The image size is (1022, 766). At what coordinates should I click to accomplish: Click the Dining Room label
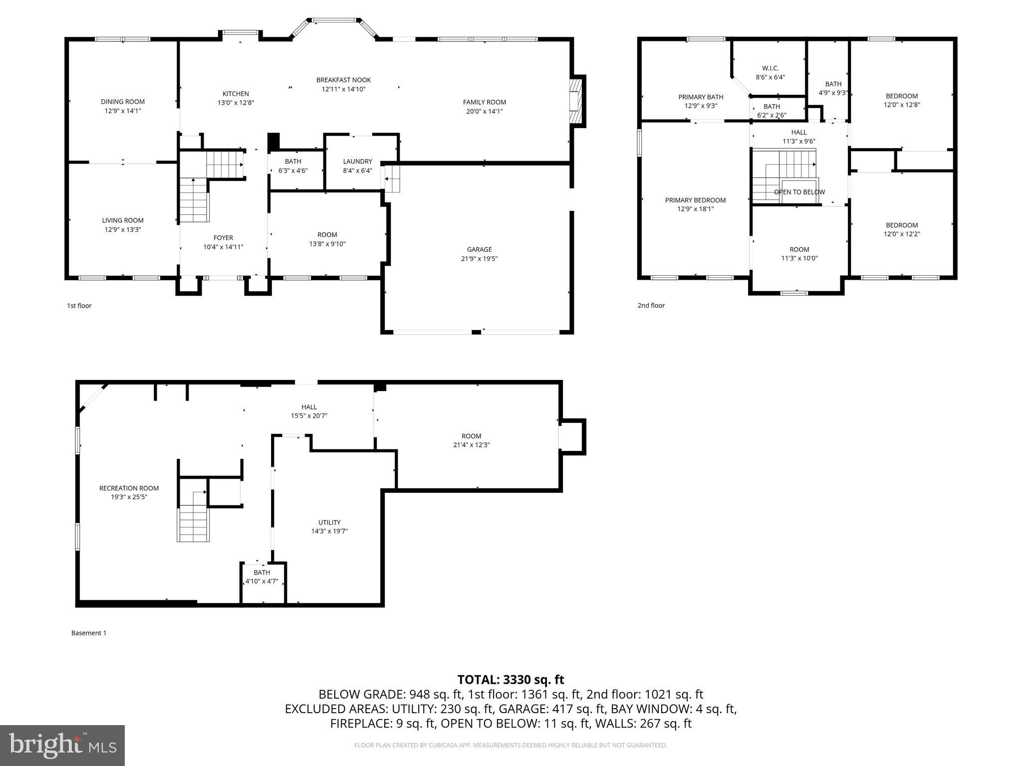tap(123, 102)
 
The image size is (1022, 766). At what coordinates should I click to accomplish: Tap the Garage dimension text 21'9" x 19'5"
tap(479, 259)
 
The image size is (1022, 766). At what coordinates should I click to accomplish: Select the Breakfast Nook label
tap(343, 80)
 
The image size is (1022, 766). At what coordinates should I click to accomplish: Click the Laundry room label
tap(357, 161)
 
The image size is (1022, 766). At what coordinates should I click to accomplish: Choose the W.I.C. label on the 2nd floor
tap(770, 68)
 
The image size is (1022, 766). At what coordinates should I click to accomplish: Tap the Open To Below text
tap(799, 192)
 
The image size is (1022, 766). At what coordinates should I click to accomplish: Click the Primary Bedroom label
tap(695, 200)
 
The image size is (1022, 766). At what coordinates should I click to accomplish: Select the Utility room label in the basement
tap(329, 522)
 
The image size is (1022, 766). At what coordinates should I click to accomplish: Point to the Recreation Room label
tap(129, 488)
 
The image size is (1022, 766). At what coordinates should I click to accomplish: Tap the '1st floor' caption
tap(79, 306)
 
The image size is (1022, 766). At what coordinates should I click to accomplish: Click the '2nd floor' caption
tap(651, 305)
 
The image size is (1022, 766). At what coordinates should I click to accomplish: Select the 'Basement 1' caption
tap(89, 633)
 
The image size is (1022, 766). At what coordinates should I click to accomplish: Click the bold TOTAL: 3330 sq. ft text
tap(511, 679)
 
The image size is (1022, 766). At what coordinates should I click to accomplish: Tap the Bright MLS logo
tap(62, 745)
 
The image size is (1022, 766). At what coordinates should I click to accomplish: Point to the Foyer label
tap(223, 238)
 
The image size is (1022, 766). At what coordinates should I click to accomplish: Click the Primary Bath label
tap(701, 97)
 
